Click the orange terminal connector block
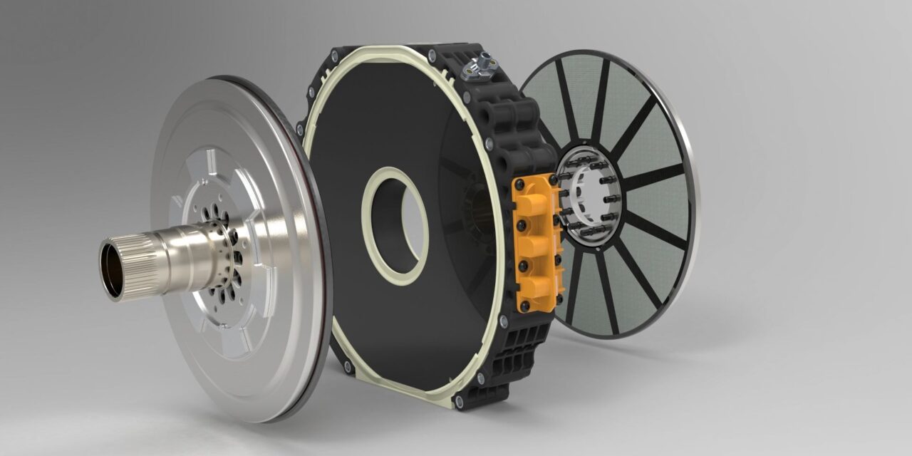tap(537, 242)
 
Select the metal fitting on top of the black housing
tap(477, 66)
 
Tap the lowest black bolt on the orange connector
tap(527, 305)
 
